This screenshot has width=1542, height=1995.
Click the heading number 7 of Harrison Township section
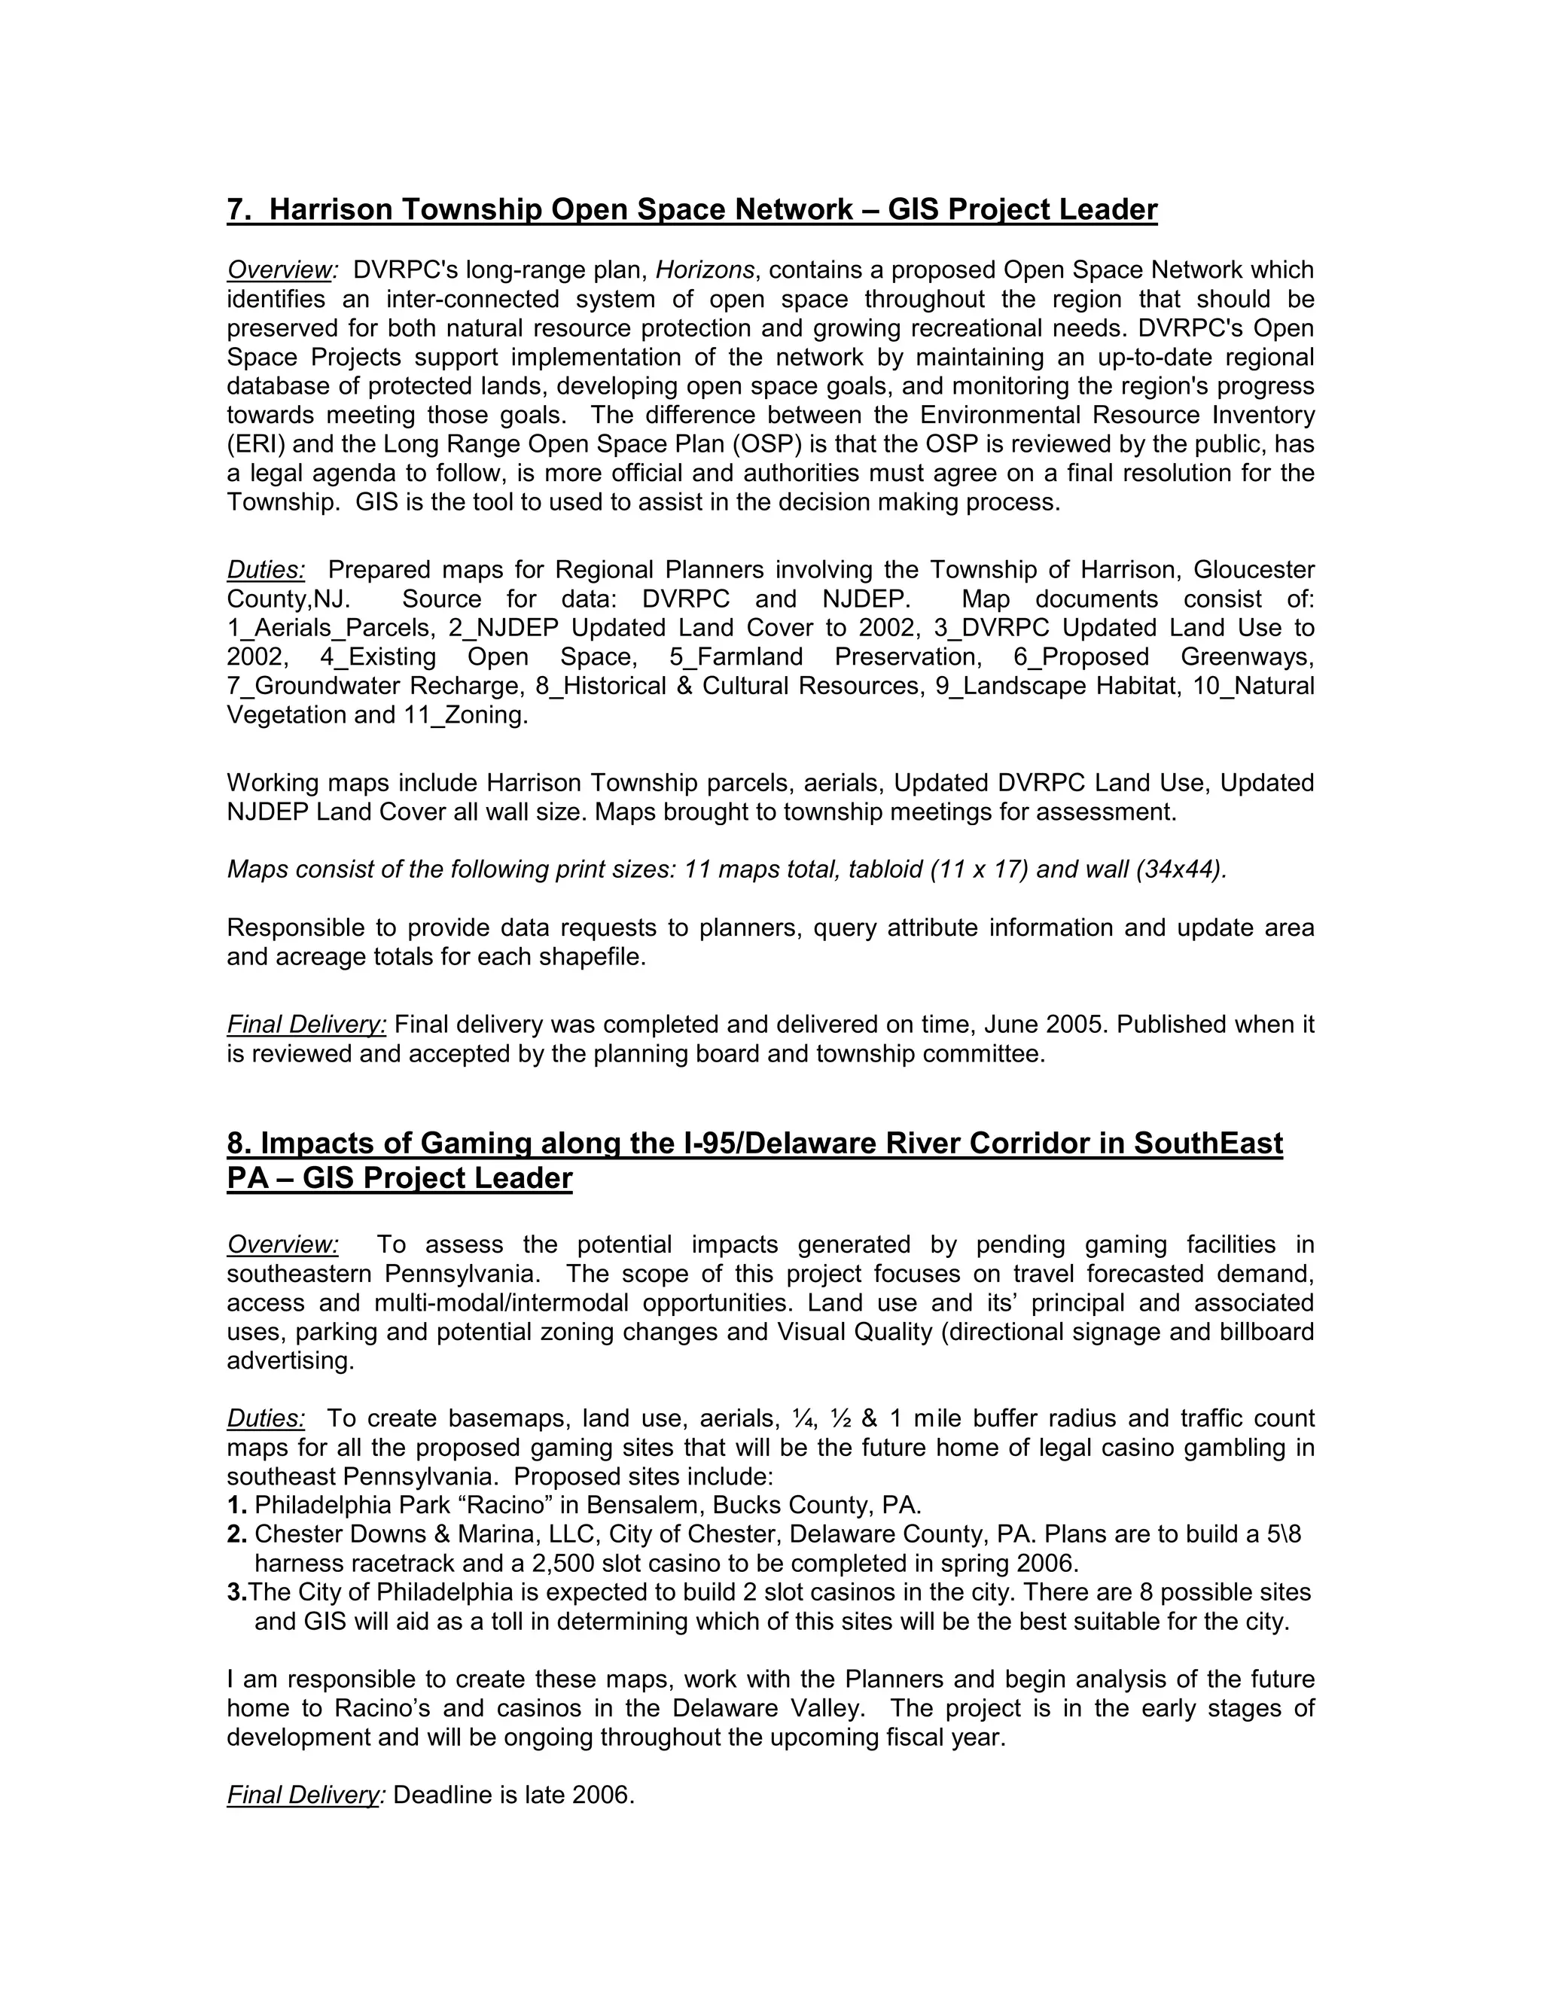pos(236,210)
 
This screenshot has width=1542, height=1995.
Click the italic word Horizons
pos(704,270)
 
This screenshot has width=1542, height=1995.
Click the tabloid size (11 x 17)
pos(978,870)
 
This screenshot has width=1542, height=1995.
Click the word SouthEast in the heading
pos(1208,1144)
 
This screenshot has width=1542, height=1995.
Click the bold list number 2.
pos(236,1534)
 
